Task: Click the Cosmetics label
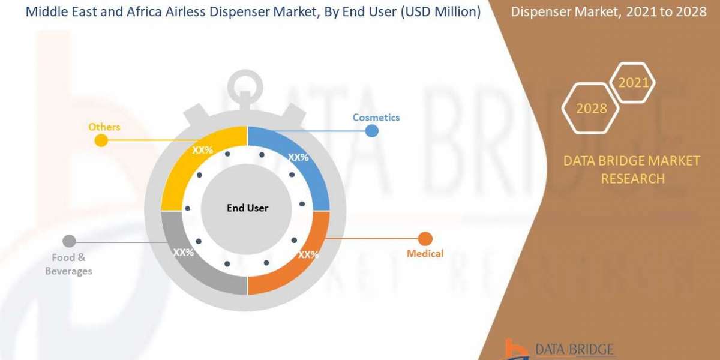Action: coord(376,118)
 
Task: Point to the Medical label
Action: coord(425,254)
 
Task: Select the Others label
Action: coord(104,127)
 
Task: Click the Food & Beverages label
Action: coord(71,265)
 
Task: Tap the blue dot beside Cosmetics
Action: coord(372,131)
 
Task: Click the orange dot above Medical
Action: coord(425,239)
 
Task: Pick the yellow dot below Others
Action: coord(101,140)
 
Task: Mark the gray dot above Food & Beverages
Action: coord(69,242)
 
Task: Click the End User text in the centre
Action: coord(247,208)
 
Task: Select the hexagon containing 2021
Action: coord(633,83)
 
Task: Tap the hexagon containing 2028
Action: coord(591,109)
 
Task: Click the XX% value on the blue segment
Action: coord(298,157)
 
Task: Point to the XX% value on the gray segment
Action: coord(184,253)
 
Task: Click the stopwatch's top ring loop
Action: coord(246,84)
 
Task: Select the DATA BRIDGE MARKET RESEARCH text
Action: coord(632,170)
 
